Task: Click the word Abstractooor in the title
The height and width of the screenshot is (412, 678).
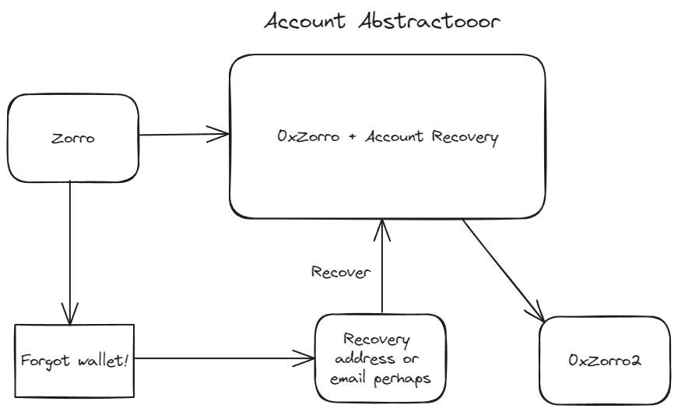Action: (x=429, y=21)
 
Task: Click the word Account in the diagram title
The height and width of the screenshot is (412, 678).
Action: (x=305, y=21)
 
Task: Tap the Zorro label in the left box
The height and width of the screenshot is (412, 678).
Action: (x=73, y=139)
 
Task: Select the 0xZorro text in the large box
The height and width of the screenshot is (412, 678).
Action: (x=308, y=136)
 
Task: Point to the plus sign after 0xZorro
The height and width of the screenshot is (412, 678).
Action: (x=353, y=137)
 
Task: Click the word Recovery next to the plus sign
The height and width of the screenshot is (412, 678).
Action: (x=465, y=138)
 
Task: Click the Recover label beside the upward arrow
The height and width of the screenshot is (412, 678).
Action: (x=341, y=272)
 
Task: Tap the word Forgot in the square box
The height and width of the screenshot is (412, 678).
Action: (x=45, y=361)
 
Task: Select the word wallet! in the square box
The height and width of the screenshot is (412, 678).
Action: (x=103, y=360)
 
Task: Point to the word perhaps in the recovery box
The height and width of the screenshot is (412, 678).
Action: (x=402, y=379)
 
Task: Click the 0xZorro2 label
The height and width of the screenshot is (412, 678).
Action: (x=605, y=360)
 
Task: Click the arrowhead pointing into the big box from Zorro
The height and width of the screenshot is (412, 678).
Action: (x=221, y=134)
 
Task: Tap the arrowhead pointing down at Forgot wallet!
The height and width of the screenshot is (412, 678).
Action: (x=69, y=316)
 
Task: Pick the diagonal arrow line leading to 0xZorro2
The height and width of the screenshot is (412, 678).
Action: (x=504, y=270)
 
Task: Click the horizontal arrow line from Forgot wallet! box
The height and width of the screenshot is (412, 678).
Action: (x=224, y=358)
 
